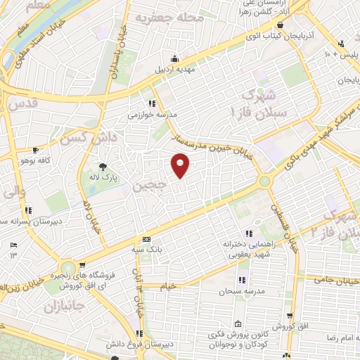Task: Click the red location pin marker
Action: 181,165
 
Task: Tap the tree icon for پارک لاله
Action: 103,167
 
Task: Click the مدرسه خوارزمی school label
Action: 151,112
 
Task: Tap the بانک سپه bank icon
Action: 146,239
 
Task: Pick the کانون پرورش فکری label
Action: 250,336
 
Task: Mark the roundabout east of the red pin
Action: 265,181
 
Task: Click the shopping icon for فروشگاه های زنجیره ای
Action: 82,265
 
